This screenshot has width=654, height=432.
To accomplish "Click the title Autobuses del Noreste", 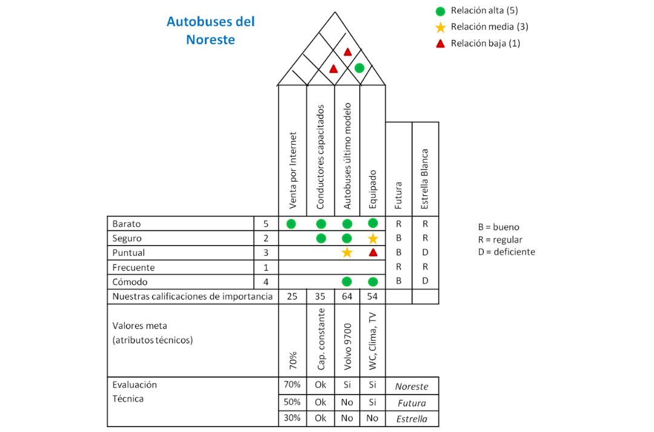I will (x=210, y=31).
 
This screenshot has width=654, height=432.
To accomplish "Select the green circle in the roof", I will (x=359, y=68).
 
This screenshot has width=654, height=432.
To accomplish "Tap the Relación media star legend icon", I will (x=441, y=27).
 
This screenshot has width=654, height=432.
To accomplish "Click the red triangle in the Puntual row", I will (x=373, y=252).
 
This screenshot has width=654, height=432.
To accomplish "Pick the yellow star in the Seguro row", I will (x=373, y=238).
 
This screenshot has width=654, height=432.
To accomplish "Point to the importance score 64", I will (x=346, y=296).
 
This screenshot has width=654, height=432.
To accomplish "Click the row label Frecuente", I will (x=133, y=267).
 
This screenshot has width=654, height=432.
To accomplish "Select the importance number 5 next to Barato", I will (x=266, y=223).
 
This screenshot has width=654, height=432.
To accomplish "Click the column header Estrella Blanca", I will (x=425, y=171).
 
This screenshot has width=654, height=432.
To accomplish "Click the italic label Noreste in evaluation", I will (x=412, y=386).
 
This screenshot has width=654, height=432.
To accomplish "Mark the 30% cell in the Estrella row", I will (x=292, y=419).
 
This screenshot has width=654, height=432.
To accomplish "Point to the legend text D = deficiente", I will (x=506, y=252).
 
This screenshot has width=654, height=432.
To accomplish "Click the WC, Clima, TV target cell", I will (x=373, y=340).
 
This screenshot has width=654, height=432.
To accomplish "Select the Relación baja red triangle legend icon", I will (x=441, y=43).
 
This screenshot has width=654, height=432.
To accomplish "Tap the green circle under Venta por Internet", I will (x=291, y=224).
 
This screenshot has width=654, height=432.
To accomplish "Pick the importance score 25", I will (x=292, y=296).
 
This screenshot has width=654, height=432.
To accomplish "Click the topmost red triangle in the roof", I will (x=348, y=52).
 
